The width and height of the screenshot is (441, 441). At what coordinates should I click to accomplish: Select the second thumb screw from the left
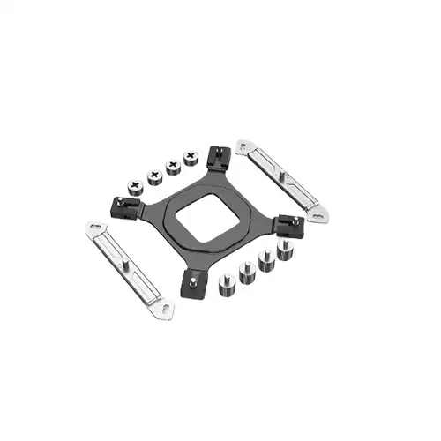tap(155, 176)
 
